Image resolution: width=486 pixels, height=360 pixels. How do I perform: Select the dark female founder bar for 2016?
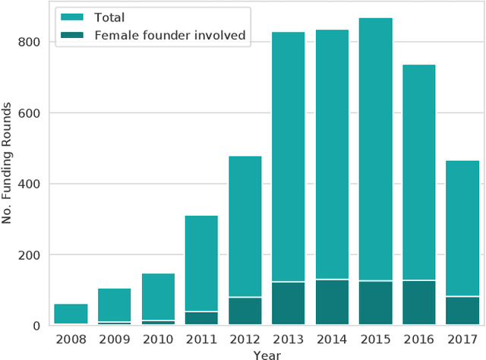(x=418, y=303)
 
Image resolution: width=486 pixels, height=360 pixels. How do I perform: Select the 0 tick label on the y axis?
(x=37, y=326)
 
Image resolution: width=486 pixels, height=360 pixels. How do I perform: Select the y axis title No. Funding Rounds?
(x=8, y=166)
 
